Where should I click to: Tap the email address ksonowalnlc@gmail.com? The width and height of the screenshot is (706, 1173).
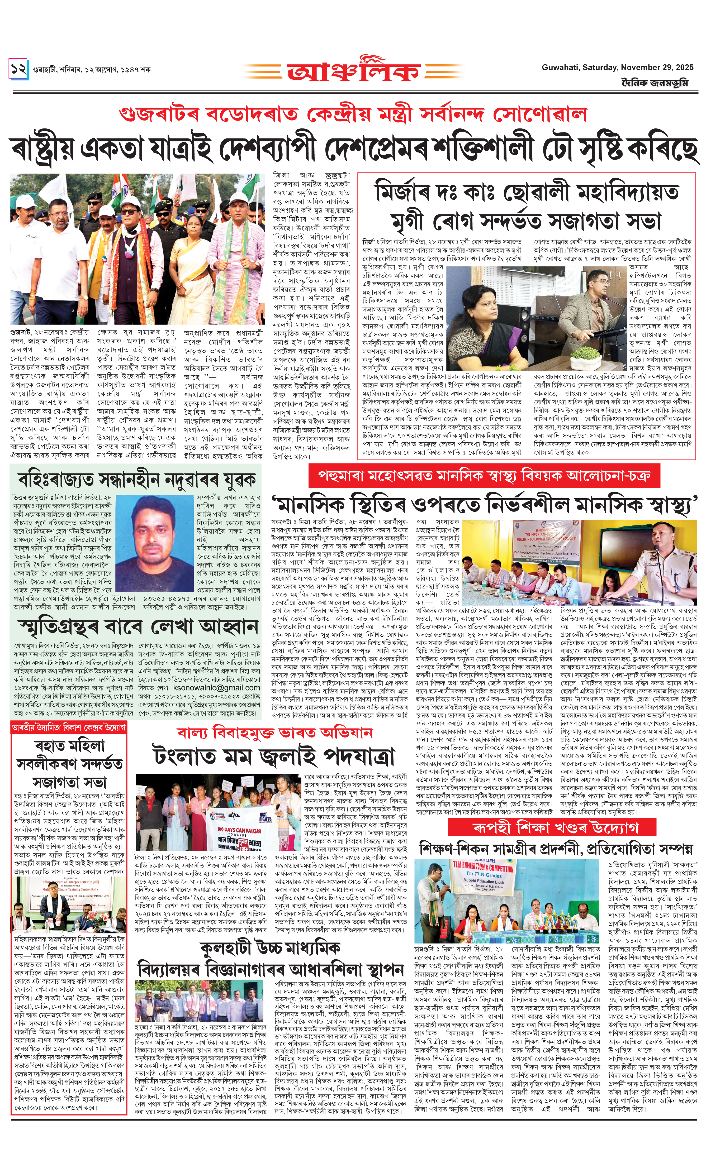point(216,688)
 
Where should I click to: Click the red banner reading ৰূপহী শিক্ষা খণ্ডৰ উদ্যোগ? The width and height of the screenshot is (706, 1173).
point(555,827)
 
